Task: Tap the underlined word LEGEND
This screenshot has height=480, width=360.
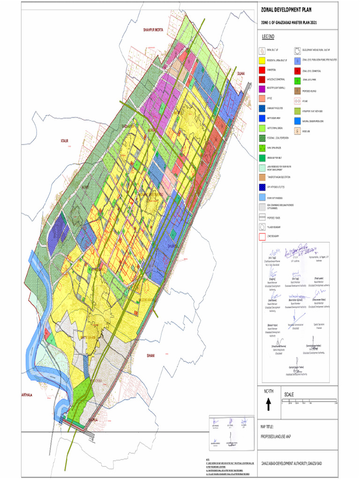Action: (x=269, y=37)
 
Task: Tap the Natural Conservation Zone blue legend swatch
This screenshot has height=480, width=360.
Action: (x=297, y=120)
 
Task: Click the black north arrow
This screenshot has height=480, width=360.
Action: (x=268, y=403)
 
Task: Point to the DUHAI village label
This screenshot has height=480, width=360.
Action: (x=241, y=74)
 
